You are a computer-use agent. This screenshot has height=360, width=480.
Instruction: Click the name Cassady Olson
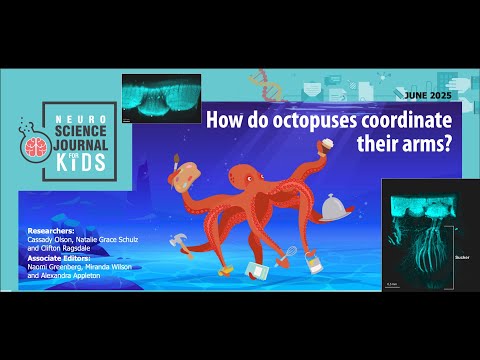(x=55, y=238)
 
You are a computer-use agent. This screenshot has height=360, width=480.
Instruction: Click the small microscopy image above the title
(x=160, y=97)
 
